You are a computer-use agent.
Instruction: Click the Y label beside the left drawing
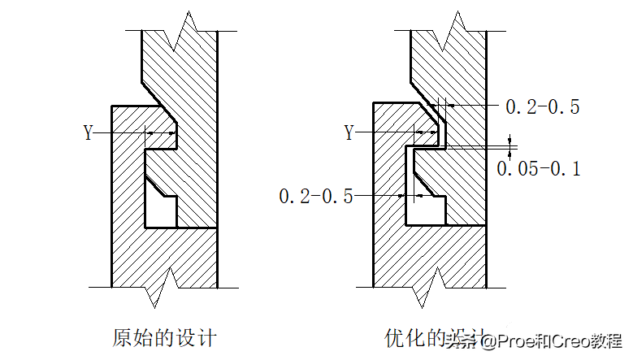pos(89,132)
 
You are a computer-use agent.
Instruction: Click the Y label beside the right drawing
pos(349,132)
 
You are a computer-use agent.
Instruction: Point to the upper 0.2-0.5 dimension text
pos(542,106)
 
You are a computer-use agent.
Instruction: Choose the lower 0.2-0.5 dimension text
pos(315,196)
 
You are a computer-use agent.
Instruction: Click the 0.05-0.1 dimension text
pos(538,168)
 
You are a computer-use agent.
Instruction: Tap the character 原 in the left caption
pos(123,336)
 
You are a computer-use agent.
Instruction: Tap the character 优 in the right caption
pos(394,336)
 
